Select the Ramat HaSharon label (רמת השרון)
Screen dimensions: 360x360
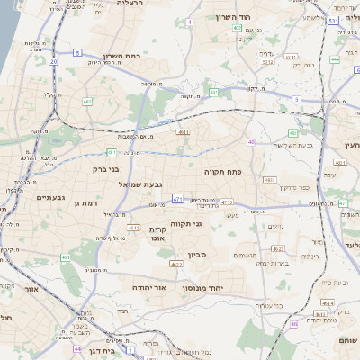(x=123, y=54)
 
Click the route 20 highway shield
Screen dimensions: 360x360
(x=54, y=61)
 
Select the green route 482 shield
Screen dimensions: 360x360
(x=87, y=103)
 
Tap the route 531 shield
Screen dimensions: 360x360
(x=334, y=20)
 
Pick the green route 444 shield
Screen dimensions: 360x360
(x=335, y=59)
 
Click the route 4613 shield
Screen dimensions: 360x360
(x=133, y=228)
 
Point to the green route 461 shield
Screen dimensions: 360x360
(x=66, y=258)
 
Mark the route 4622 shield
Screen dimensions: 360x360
(x=176, y=265)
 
